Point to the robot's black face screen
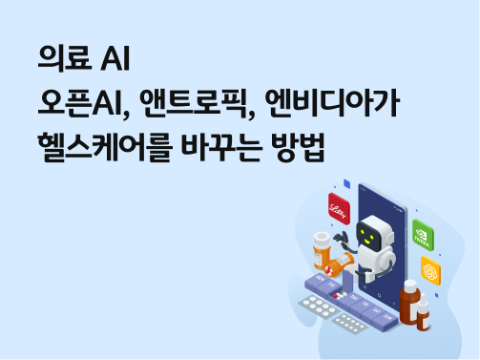pos(378,235)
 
